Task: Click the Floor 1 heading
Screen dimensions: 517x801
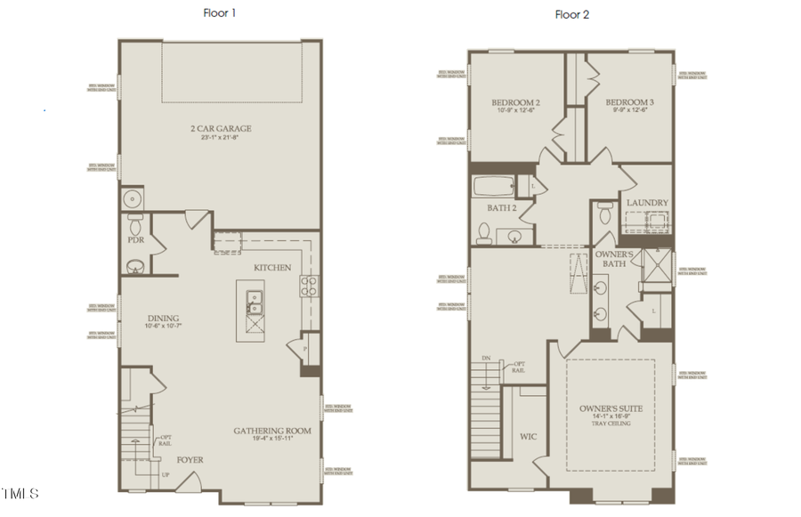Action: [220, 13]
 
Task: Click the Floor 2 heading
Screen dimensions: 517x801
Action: [571, 14]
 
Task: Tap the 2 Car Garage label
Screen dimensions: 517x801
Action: [221, 129]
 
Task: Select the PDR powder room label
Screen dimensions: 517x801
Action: [135, 239]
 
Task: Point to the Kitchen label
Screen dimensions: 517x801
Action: [272, 268]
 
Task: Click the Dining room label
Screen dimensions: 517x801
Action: [164, 319]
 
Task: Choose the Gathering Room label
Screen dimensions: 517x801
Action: [272, 431]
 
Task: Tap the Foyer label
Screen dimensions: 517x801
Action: [190, 460]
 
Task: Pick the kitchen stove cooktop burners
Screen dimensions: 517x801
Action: [309, 286]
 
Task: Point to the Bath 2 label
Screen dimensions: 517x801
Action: [502, 207]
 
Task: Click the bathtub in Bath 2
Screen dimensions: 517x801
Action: [495, 188]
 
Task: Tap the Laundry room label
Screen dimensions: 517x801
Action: [647, 203]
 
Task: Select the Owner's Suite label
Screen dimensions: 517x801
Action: [610, 409]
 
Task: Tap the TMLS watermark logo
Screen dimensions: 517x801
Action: [20, 493]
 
